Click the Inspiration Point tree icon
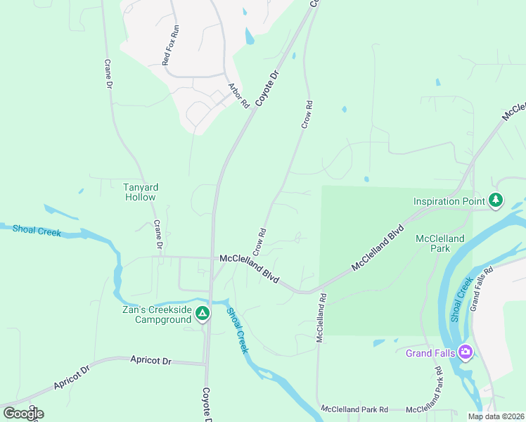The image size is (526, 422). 496,201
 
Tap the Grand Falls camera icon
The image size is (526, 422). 464,352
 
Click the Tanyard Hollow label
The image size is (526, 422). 141,192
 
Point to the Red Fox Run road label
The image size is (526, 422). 171,46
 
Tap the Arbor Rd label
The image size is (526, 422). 239,96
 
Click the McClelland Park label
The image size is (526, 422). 440,243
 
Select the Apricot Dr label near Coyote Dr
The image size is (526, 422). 151,360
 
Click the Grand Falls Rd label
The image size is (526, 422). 482,288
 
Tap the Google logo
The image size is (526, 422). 23,414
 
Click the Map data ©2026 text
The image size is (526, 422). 495,416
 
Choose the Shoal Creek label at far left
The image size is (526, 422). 37,231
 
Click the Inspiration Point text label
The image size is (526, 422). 450,202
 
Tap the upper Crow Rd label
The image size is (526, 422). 307,115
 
